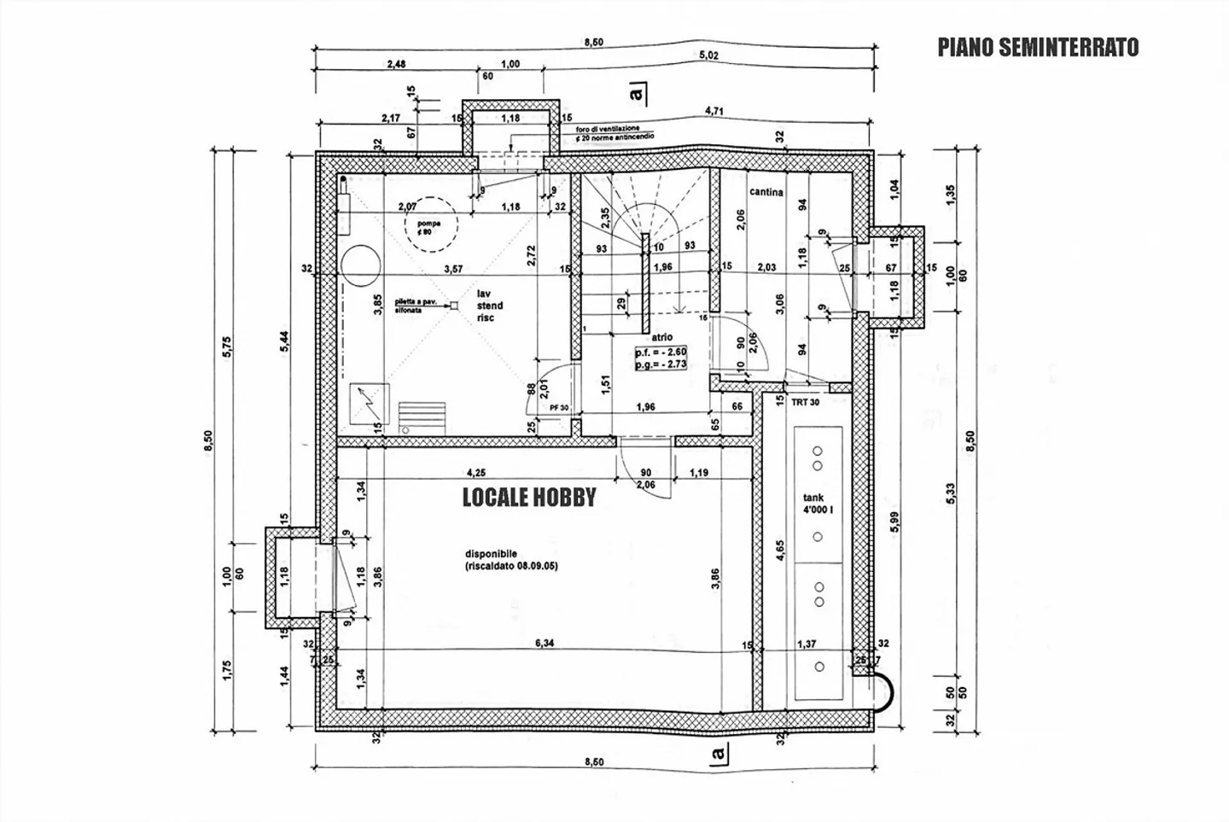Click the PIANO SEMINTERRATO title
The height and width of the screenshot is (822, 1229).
[1038, 47]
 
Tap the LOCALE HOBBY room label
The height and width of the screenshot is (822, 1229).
[528, 498]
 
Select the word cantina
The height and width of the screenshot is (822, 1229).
[766, 192]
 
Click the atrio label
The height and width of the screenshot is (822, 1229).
[661, 337]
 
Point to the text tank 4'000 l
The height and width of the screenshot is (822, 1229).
[818, 504]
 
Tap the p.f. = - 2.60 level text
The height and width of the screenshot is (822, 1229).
[661, 352]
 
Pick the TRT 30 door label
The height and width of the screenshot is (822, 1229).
[805, 403]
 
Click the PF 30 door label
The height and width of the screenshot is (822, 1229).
[559, 408]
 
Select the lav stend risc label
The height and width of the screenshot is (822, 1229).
[490, 306]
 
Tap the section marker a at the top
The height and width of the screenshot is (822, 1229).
[635, 90]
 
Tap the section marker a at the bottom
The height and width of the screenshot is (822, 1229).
[717, 753]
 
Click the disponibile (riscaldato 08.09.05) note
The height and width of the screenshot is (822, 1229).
[511, 559]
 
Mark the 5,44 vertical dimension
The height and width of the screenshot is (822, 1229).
[285, 339]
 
